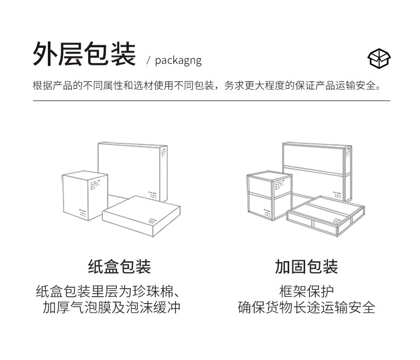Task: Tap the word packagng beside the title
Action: [178, 60]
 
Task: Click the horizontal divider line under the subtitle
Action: [211, 101]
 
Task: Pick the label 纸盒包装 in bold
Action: [119, 266]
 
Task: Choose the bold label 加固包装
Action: [306, 266]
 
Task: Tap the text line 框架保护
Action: [306, 291]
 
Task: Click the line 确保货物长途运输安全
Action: [306, 307]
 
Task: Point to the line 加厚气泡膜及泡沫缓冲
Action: [112, 307]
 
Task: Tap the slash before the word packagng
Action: [149, 60]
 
